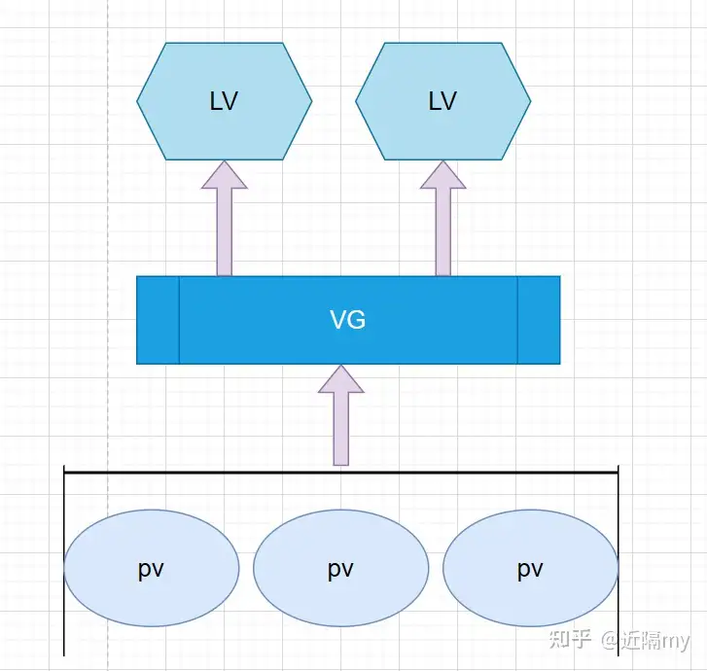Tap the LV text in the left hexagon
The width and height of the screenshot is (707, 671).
coord(224,101)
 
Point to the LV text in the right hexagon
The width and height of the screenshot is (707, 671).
coord(442,101)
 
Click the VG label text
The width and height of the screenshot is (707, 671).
coord(348,320)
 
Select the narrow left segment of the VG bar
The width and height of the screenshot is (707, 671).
coord(158,320)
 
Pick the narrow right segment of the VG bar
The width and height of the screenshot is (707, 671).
coord(539,320)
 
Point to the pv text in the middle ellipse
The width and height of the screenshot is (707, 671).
coord(340,569)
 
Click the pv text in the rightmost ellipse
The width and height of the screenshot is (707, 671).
coord(530,569)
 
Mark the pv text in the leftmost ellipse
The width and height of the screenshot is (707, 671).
coord(151,569)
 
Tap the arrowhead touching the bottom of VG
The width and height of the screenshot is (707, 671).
coord(341,380)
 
